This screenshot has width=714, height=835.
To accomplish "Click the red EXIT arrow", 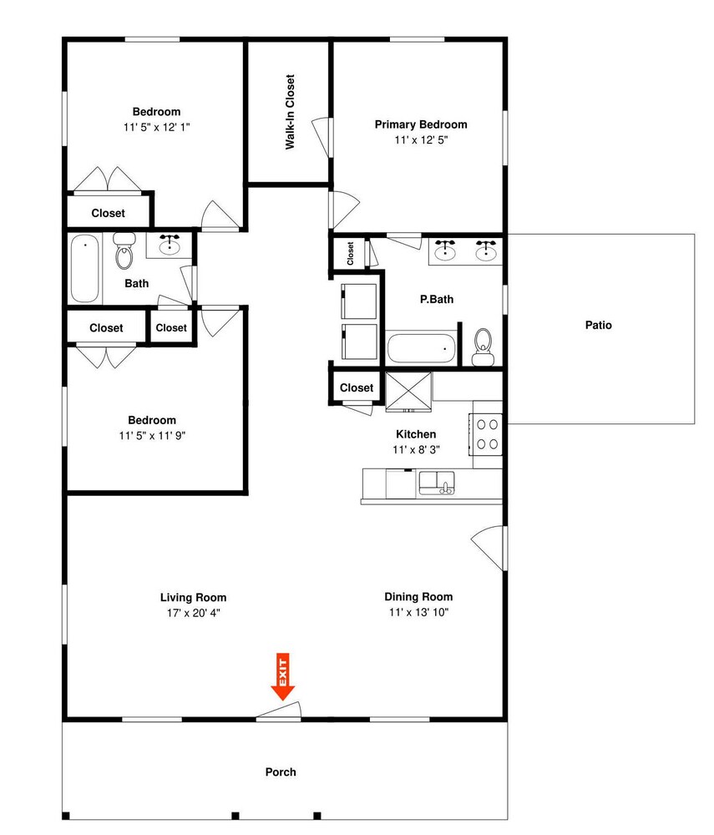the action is click(x=283, y=676).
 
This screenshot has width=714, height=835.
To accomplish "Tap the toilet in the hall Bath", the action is click(x=124, y=250).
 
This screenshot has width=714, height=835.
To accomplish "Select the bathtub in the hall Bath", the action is click(x=85, y=268).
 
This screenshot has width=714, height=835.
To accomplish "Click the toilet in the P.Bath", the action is click(x=483, y=347).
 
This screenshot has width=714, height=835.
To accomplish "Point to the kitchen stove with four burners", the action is click(x=486, y=434).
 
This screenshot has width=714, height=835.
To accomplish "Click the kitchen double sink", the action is click(x=437, y=483).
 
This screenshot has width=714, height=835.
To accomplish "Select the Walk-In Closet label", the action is click(x=290, y=112).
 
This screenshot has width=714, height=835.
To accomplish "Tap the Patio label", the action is click(x=599, y=325).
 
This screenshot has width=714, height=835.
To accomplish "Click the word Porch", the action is click(x=281, y=772).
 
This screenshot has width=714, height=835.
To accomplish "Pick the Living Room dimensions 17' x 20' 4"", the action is click(x=193, y=613).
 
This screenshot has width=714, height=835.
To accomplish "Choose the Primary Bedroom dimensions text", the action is click(x=421, y=139).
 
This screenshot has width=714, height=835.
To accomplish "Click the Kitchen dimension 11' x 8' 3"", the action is click(x=416, y=449).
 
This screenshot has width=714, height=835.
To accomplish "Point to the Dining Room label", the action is click(x=418, y=596).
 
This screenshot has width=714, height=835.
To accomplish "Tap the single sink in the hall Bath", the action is click(x=170, y=245).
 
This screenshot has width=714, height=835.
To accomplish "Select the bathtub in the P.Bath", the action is click(x=421, y=348).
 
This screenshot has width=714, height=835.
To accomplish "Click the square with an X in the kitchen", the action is click(x=408, y=392).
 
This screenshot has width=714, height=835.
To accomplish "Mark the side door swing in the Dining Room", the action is click(x=487, y=548).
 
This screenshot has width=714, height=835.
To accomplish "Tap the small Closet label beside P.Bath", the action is click(x=350, y=254).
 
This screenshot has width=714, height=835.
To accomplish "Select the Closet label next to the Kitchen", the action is click(x=357, y=387).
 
